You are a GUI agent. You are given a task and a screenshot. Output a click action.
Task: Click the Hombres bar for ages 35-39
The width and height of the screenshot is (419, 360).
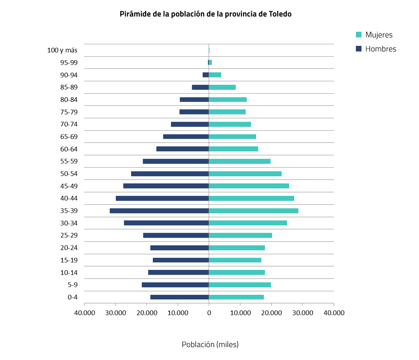(159, 211)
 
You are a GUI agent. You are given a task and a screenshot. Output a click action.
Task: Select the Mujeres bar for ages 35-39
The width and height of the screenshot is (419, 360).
(253, 211)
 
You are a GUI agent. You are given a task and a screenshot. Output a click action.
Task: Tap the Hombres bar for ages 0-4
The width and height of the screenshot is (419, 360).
(179, 297)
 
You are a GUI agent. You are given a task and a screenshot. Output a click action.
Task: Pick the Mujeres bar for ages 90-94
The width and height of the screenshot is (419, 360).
(215, 75)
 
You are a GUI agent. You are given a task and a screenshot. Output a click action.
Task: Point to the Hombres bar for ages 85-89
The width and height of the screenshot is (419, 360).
(200, 87)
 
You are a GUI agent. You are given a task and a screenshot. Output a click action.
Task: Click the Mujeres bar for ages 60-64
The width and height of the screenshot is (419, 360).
(233, 149)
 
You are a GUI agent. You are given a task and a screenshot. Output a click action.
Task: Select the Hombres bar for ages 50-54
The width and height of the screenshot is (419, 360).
(170, 174)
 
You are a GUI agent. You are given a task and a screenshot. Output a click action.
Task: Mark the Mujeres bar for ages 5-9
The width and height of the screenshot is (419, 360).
(240, 285)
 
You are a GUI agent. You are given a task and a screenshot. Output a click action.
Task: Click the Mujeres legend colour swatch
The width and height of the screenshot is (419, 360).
(359, 35)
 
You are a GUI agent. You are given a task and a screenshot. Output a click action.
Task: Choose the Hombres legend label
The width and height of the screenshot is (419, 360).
(380, 49)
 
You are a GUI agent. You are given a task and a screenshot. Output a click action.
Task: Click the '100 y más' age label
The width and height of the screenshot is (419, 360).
(62, 50)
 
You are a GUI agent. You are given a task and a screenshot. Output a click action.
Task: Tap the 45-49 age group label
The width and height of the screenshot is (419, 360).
(69, 186)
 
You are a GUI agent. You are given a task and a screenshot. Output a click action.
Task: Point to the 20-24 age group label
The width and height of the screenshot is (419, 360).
(69, 248)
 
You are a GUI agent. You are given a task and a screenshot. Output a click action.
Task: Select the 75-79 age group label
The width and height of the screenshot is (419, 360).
(69, 112)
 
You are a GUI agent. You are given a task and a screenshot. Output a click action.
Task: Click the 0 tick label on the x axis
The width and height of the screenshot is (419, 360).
(209, 313)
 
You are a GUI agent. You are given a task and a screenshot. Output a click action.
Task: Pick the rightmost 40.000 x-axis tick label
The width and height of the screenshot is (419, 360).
(333, 313)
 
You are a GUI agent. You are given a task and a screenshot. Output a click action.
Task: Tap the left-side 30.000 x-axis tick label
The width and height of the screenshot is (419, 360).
(115, 313)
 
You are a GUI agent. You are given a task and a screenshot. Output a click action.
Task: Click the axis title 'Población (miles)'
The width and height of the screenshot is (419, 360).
(210, 345)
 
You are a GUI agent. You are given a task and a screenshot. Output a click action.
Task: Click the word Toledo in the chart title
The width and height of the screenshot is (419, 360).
(280, 14)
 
